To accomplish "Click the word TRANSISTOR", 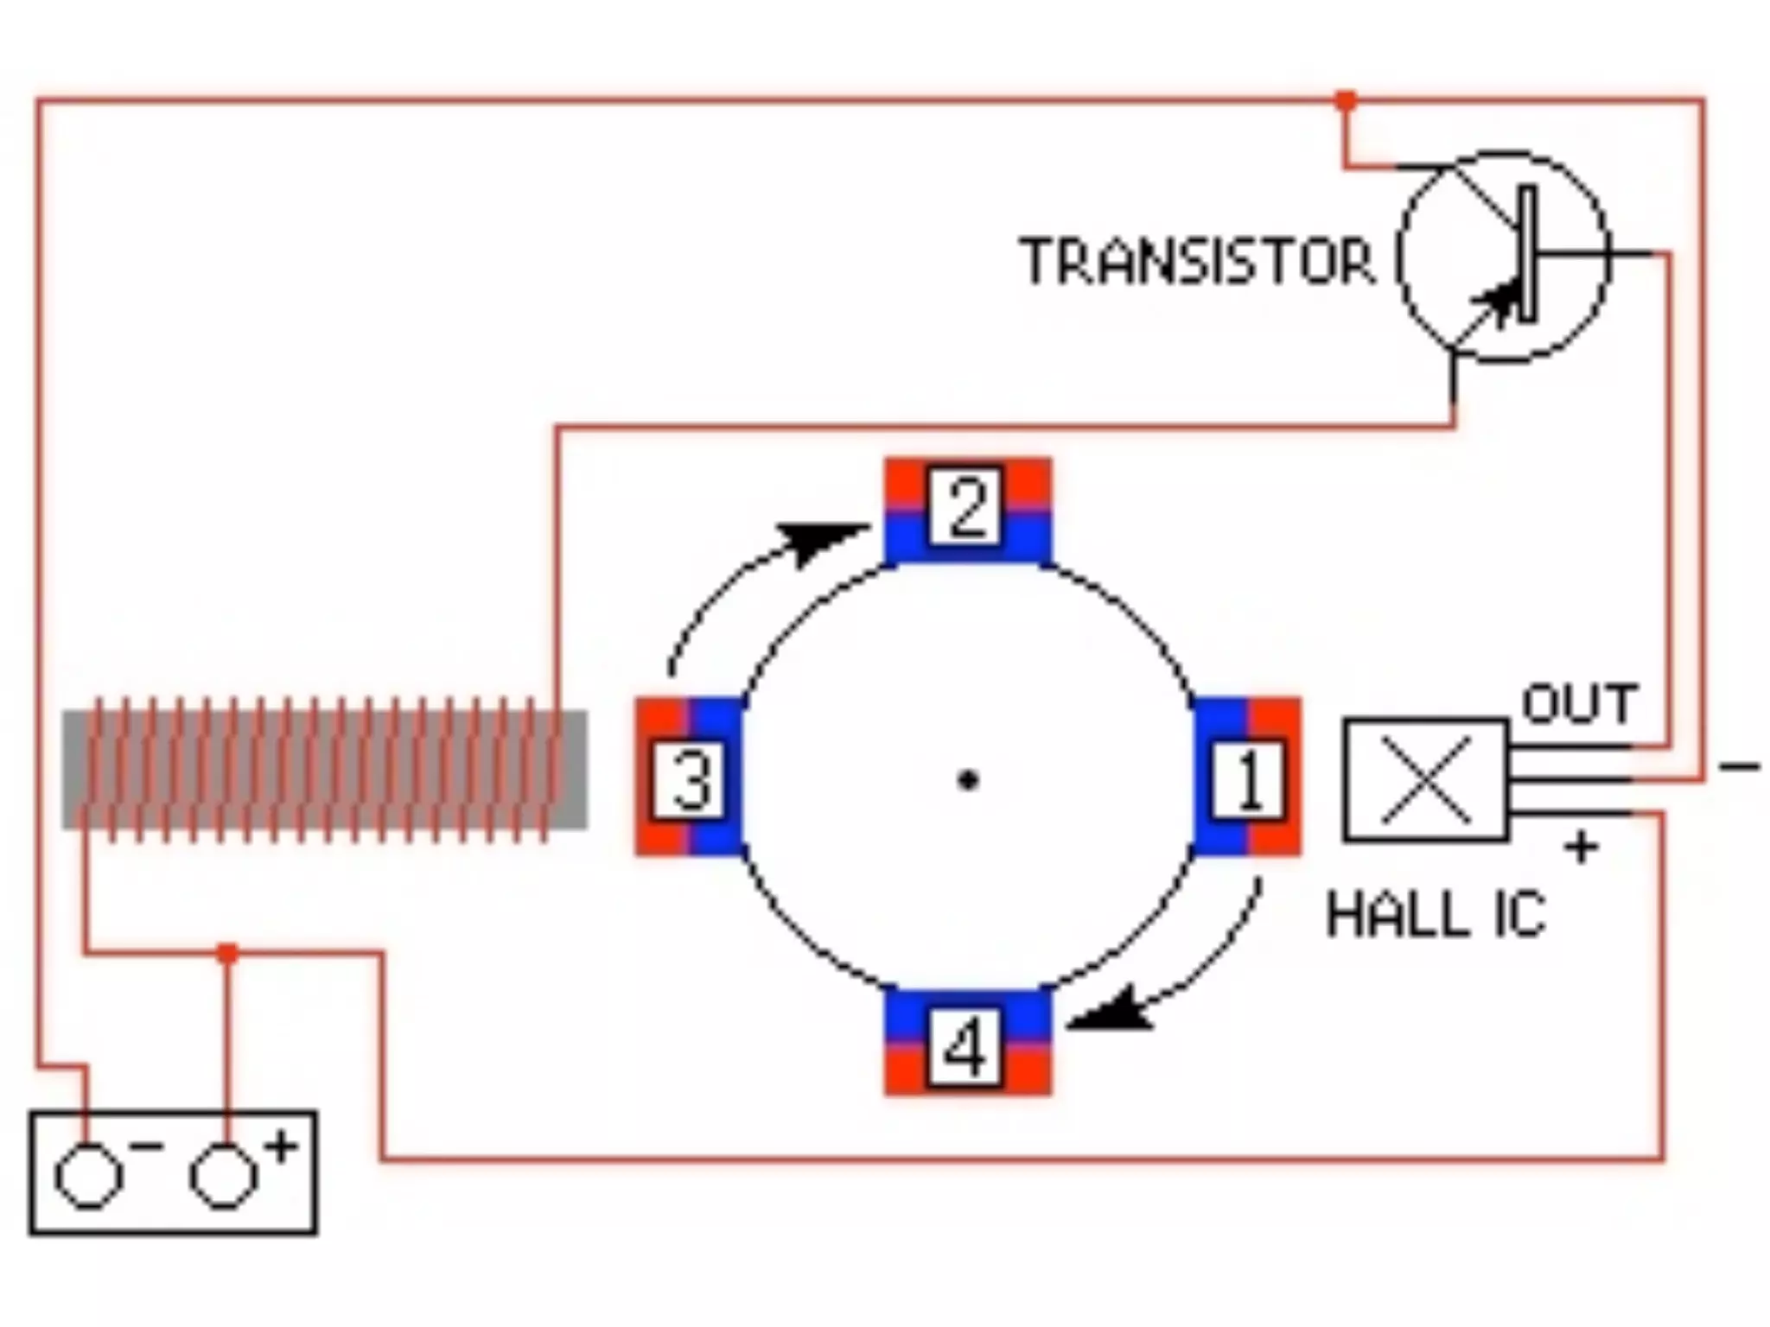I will (x=1197, y=261).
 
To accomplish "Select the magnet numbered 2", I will (x=967, y=510).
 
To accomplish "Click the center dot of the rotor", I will (x=968, y=780).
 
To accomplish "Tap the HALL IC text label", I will (x=1435, y=915).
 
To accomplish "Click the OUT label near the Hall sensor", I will (x=1578, y=704).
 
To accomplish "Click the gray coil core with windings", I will (x=324, y=770).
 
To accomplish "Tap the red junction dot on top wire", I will (x=1345, y=101).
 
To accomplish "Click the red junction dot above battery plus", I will (x=226, y=954).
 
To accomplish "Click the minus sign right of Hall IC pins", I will (x=1738, y=766).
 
